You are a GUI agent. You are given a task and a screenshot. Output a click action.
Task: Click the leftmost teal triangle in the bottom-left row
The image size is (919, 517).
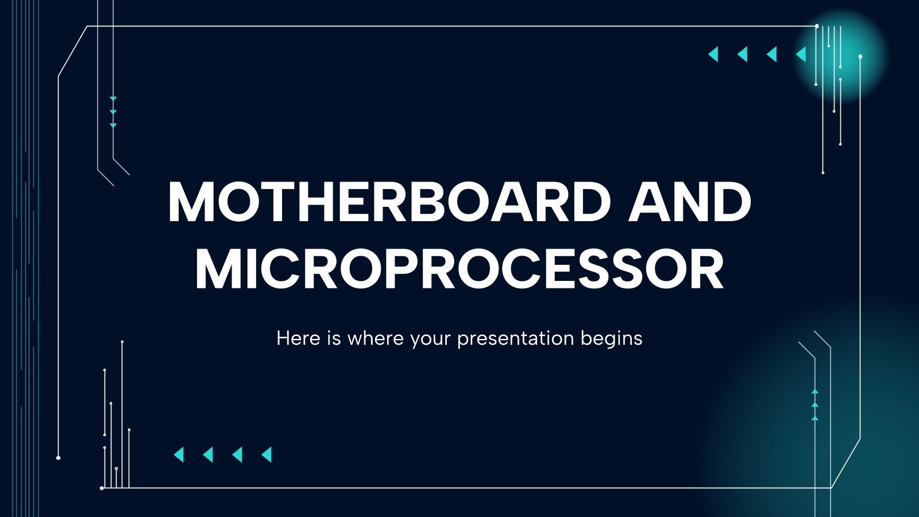click(179, 454)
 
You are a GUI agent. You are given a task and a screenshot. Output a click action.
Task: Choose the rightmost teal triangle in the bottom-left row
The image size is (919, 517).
click(267, 454)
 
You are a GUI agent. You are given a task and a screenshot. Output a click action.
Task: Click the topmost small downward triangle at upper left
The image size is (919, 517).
click(113, 99)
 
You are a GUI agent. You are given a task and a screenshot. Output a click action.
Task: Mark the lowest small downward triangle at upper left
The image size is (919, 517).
click(113, 126)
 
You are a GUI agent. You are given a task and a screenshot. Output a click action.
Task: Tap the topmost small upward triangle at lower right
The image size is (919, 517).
click(815, 391)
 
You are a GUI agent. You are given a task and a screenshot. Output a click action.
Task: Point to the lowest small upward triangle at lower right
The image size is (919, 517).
click(815, 418)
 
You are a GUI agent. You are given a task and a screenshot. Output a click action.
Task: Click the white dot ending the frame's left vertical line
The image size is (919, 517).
click(58, 457)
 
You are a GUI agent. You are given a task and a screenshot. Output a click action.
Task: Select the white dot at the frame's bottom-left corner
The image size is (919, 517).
click(102, 488)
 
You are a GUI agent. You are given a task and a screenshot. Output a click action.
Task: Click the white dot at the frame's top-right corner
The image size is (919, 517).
click(817, 26)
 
